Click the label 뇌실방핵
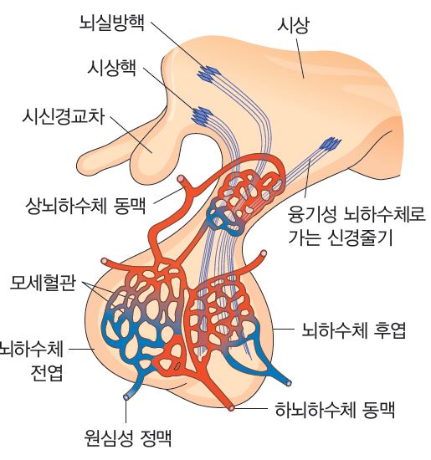112,23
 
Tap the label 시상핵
112,68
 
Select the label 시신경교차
63,116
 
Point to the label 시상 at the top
293,25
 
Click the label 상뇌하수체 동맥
85,205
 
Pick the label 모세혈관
43,283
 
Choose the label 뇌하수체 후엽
354,330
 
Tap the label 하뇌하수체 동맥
335,410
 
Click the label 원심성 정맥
128,437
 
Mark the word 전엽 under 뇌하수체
47,372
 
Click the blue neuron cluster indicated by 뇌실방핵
208,74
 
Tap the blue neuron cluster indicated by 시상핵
202,115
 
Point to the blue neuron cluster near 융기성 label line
331,144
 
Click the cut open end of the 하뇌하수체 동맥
232,408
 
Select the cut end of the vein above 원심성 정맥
126,396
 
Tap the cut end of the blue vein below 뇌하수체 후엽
289,383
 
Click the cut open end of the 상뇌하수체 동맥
181,178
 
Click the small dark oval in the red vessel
177,366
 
